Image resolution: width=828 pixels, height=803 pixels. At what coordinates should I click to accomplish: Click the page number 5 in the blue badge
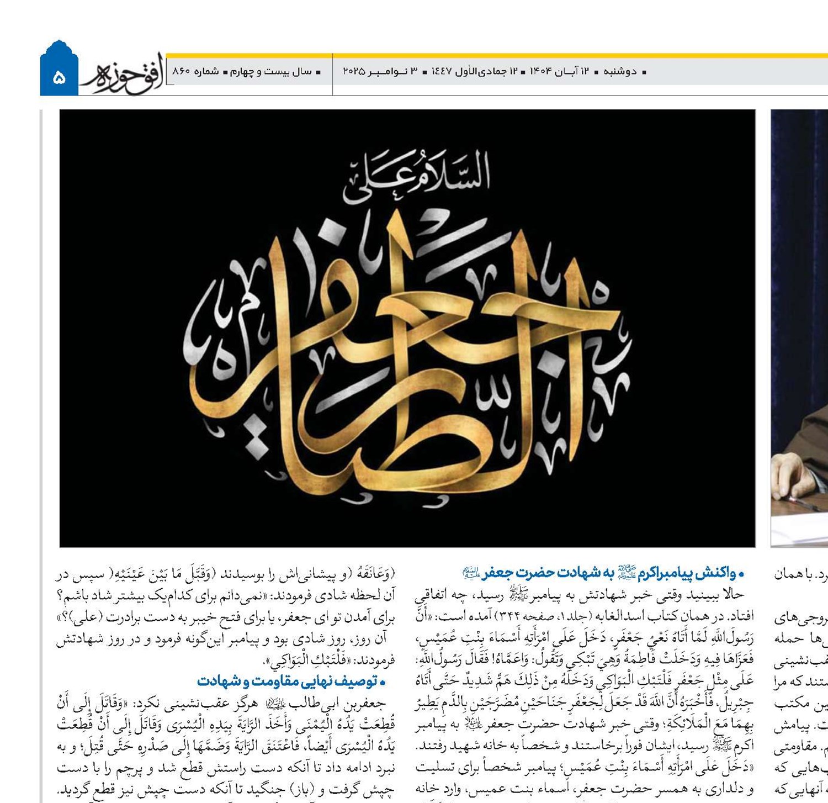(59, 77)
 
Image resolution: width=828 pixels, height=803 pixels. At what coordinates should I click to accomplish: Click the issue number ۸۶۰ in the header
(181, 72)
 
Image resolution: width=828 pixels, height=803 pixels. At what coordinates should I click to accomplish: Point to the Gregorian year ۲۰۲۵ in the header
(353, 72)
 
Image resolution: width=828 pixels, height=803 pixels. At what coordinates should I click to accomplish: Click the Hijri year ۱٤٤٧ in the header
(441, 72)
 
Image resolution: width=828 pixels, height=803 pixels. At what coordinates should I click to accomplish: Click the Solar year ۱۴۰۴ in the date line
(541, 72)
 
